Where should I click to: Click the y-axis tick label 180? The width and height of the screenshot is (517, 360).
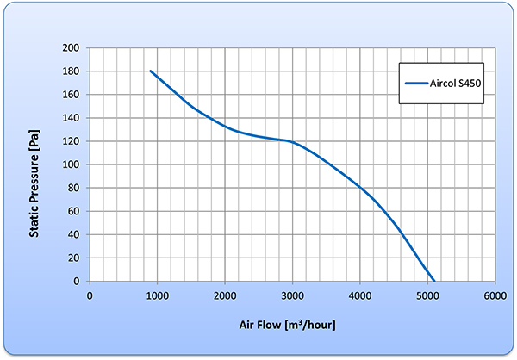73,71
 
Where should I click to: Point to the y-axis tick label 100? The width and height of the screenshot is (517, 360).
73,164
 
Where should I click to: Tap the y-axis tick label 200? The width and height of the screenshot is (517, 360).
73,48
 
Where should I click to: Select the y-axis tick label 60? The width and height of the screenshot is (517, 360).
76,211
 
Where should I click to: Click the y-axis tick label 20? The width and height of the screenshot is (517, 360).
76,258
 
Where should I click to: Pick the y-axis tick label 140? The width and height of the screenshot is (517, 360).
73,118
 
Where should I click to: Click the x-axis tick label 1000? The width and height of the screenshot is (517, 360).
158,296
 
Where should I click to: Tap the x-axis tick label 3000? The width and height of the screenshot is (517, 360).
292,296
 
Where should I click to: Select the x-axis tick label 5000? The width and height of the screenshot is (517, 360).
427,296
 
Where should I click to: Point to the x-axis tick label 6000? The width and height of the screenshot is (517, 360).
495,296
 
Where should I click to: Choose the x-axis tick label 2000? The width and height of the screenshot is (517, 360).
225,296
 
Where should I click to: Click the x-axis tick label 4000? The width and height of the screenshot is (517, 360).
360,296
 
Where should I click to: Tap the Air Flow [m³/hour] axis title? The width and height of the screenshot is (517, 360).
287,325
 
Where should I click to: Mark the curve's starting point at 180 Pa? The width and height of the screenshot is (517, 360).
151,71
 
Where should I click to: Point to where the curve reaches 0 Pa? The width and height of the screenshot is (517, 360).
434,281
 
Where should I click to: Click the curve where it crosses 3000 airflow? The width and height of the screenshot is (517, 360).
292,141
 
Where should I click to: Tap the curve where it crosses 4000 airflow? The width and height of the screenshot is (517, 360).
360,188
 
